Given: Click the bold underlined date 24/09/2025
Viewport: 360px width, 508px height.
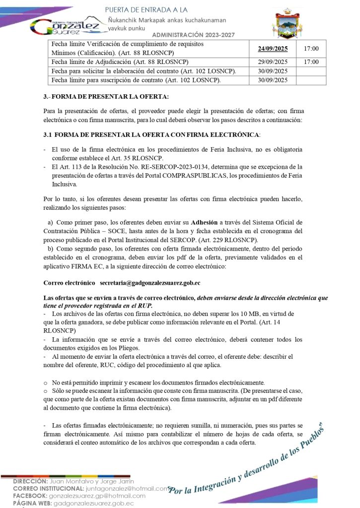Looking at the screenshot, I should [273, 49].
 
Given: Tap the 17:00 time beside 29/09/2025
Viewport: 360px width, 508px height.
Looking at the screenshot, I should [311, 62].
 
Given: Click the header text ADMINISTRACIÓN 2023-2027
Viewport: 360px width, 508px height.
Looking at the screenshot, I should [193, 35].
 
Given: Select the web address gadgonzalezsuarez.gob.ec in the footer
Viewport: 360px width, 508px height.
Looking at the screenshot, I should [93, 503].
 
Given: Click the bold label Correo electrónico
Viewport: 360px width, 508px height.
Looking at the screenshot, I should [69, 282].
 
